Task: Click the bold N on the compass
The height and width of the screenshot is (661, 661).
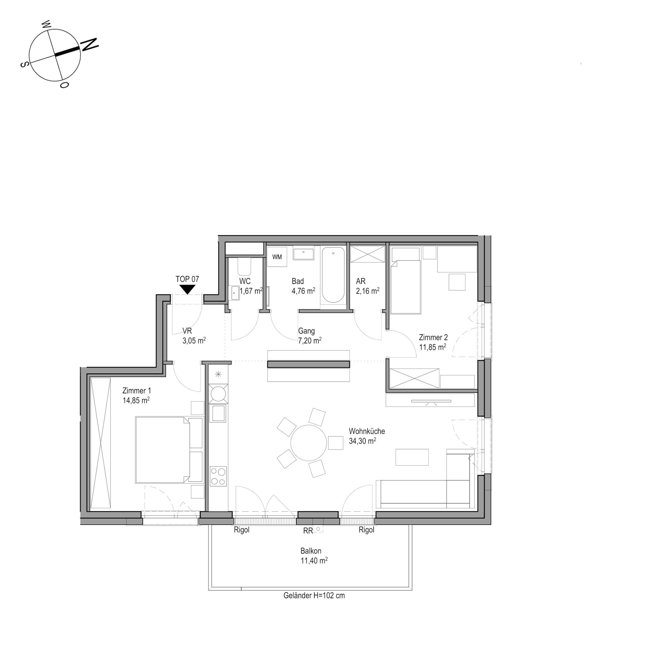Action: coord(89,45)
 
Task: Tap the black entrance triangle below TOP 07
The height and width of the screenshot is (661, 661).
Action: coord(187,289)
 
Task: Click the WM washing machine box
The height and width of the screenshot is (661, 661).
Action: coord(277,257)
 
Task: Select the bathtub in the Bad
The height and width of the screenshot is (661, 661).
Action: coord(333,275)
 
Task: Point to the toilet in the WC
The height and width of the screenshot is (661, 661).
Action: coord(244,267)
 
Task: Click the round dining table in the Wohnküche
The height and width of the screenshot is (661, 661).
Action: coord(308,443)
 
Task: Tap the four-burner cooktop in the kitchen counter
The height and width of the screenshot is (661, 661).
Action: coord(218,476)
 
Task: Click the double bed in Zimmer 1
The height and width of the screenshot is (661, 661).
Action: coord(169,450)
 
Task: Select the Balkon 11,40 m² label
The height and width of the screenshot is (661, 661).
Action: coord(314,556)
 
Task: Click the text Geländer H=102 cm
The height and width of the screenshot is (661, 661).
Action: coord(314,595)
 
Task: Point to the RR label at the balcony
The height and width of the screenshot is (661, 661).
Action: coord(308,531)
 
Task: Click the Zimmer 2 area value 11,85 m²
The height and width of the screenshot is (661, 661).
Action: coord(432,347)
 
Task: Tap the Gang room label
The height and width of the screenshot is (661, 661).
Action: coord(306,331)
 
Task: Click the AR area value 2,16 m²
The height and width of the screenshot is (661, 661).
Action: coord(368,291)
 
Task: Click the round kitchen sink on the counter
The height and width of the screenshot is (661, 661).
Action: coord(218,393)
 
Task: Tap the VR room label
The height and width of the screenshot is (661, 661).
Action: coord(187,331)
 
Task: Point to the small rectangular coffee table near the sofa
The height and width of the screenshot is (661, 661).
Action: coord(412,457)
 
